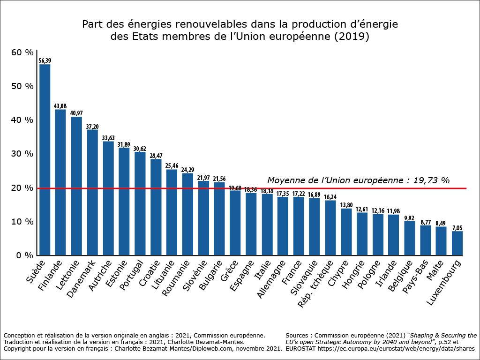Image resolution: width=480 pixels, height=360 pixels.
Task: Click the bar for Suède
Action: pos(45,159)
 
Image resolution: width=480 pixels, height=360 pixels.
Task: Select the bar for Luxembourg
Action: pos(457,243)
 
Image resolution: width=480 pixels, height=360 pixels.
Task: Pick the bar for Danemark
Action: pos(92,192)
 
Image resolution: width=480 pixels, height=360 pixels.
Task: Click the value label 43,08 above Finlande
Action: pos(60,106)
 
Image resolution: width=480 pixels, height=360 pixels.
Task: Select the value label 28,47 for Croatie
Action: pos(156,156)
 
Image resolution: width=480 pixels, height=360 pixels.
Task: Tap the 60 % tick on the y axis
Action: pos(22,52)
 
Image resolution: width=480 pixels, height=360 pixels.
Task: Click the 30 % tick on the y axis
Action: pos(22,154)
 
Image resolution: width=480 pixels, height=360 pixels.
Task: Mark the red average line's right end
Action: pos(465,188)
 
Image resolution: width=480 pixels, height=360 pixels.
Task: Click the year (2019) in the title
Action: pos(351,37)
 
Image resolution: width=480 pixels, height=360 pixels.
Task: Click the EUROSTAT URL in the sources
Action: pos(398,349)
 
